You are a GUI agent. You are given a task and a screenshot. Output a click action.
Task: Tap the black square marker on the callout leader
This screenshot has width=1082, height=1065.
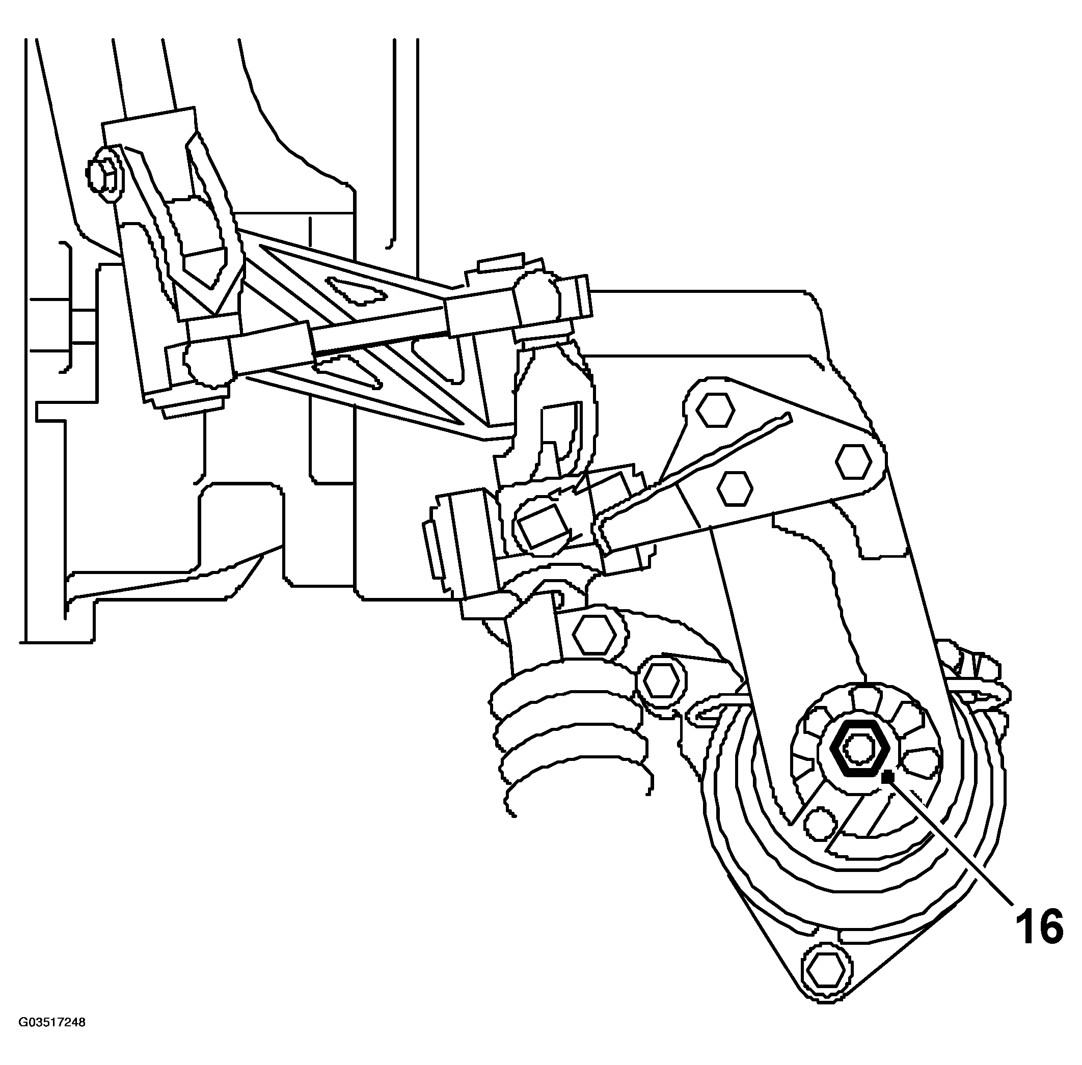(886, 777)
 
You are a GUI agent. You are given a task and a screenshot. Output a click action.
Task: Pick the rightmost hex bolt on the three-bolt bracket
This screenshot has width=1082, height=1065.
(854, 462)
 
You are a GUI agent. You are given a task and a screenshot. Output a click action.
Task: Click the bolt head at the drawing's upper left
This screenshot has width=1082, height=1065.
(105, 177)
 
